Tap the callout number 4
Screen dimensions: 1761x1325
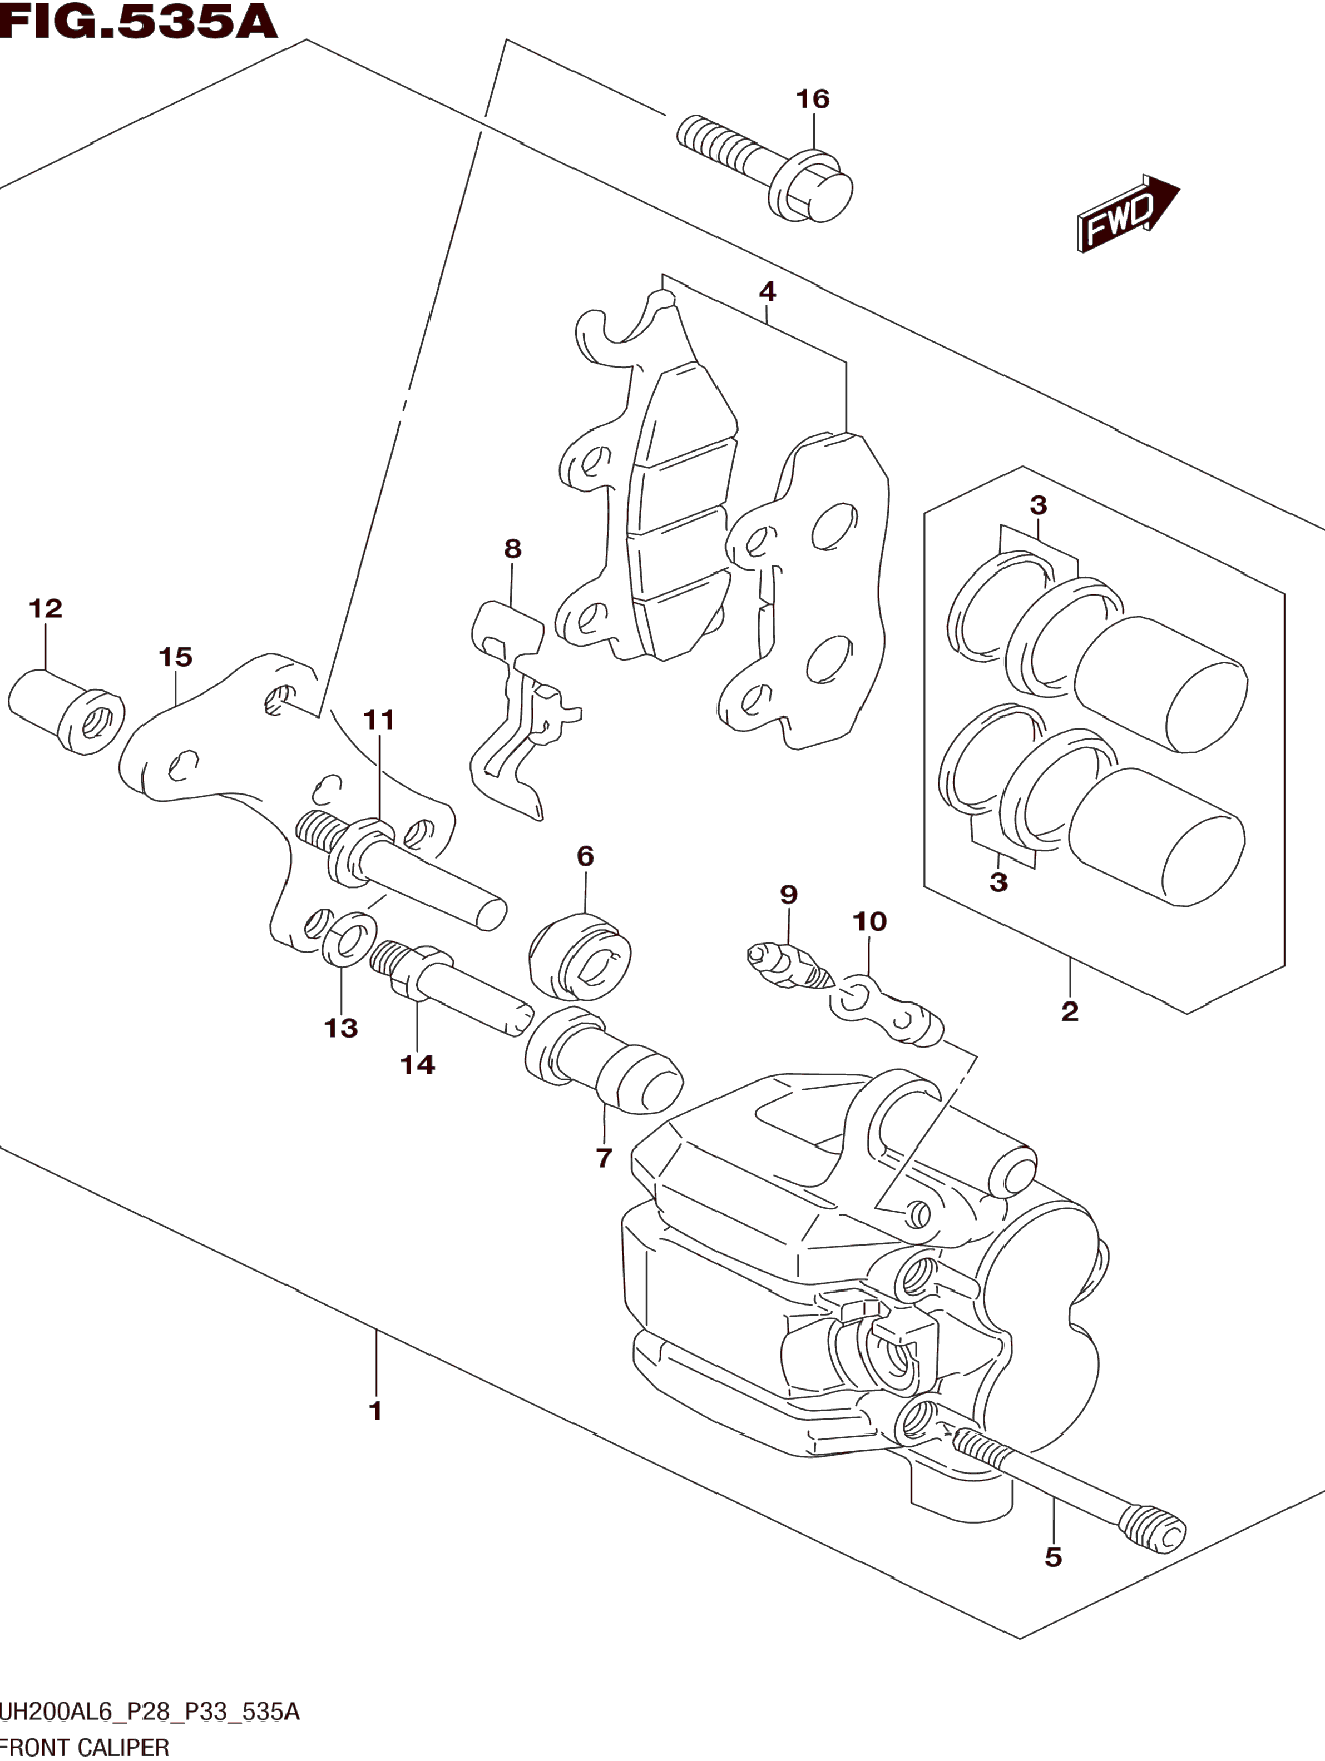(767, 292)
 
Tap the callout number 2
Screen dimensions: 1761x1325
(1069, 1011)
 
